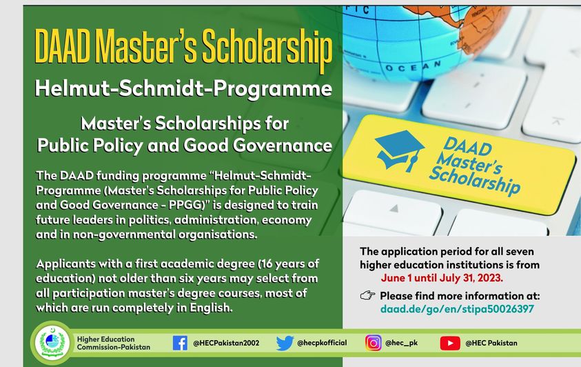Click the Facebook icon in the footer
click(180, 343)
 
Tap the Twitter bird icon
click(285, 344)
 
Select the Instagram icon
click(373, 343)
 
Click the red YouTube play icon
click(450, 344)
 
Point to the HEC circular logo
click(52, 343)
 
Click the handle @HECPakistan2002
click(226, 344)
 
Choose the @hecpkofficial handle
click(322, 343)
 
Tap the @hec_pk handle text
click(401, 343)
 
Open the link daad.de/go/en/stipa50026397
click(457, 309)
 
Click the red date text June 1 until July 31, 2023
click(442, 277)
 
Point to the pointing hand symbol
click(367, 295)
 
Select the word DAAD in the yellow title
click(62, 47)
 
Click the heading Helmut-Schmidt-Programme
click(183, 88)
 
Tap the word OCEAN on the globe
click(413, 67)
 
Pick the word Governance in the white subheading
click(283, 145)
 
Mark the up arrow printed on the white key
click(394, 208)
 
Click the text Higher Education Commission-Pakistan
click(114, 343)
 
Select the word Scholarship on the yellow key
click(475, 180)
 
